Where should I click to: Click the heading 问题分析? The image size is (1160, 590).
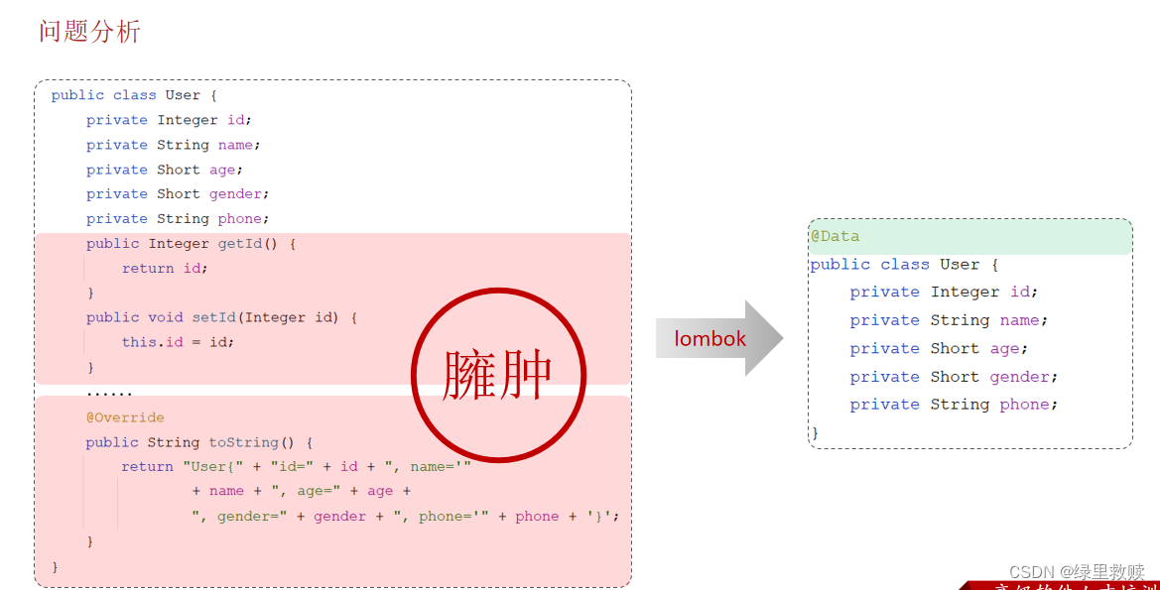point(89,32)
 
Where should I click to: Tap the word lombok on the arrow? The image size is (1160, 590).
point(709,339)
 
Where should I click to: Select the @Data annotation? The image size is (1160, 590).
point(835,237)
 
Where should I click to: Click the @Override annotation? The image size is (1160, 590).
point(125,417)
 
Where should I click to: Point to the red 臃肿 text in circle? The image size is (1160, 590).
point(497,375)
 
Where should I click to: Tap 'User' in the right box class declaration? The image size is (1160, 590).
point(960,265)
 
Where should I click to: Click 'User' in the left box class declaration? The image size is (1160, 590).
point(183,95)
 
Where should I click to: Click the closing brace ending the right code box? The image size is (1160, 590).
point(815,433)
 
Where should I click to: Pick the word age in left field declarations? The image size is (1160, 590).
point(221,170)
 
